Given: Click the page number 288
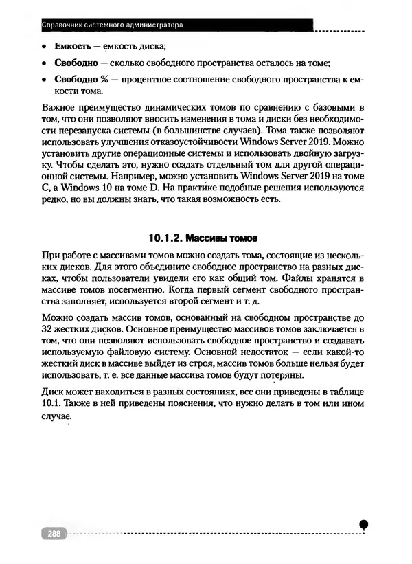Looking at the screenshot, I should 51,532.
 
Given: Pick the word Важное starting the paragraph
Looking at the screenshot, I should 60,109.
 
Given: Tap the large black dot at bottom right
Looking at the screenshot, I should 364,524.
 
